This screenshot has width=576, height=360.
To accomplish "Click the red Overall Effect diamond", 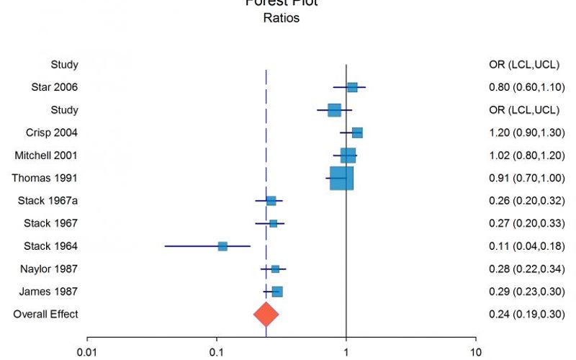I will [x=266, y=314].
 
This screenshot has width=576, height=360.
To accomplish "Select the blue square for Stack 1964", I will [x=222, y=246].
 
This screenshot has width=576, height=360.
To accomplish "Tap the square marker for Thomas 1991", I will [x=341, y=178].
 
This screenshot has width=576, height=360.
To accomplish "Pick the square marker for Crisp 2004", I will [x=357, y=132].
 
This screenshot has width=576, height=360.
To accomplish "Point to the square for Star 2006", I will [x=352, y=87].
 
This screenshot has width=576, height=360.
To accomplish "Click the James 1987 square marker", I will [x=277, y=292].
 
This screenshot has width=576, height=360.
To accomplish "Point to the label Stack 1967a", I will [x=48, y=201].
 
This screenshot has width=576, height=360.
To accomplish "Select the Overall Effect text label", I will [x=45, y=314].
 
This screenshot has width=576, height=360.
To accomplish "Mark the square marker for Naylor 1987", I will [x=275, y=269].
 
